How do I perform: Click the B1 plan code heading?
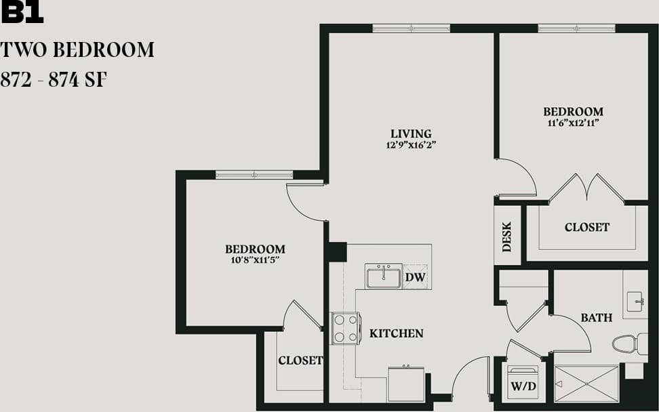(x=22, y=14)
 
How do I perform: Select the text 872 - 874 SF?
(x=54, y=80)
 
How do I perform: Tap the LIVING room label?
(x=411, y=133)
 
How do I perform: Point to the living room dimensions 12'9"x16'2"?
(x=411, y=145)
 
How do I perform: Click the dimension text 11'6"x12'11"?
(x=573, y=123)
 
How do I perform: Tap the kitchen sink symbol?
(x=383, y=276)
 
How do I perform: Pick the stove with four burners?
(x=345, y=329)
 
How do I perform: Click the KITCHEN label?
(x=396, y=333)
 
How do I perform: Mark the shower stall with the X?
(x=586, y=384)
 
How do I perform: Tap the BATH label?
(x=596, y=317)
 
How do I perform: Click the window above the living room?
(x=411, y=28)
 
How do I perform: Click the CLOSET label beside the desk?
(x=586, y=228)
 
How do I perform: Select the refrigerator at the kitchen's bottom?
(x=405, y=384)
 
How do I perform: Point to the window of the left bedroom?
(x=254, y=175)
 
